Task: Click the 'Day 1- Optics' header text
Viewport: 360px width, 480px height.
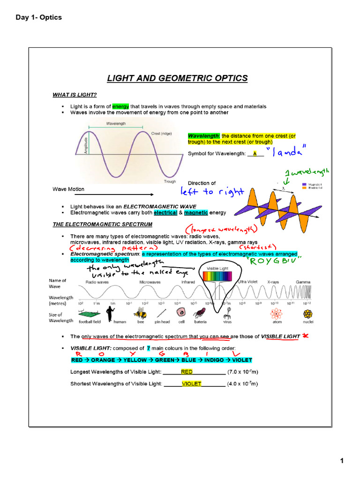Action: (x=38, y=17)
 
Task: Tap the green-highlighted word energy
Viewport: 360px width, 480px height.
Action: (x=120, y=106)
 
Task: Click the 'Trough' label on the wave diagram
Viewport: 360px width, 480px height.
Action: (x=170, y=181)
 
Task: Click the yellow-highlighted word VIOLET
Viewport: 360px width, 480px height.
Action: (x=191, y=383)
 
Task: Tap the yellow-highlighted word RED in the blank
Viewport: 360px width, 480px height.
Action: (x=187, y=372)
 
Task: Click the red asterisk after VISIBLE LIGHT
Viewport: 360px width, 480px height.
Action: (x=305, y=336)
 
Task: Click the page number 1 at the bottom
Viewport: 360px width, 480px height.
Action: (x=342, y=461)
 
